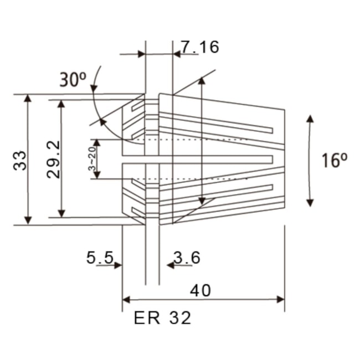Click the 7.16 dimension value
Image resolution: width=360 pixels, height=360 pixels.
coord(200,47)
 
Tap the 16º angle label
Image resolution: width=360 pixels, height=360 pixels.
coord(334,160)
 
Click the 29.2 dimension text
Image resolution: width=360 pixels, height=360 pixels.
coord(53,159)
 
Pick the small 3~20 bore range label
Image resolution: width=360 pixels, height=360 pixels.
coord(92,160)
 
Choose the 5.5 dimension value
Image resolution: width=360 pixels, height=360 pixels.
coord(100,258)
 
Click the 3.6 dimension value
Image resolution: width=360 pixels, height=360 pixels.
coord(187,258)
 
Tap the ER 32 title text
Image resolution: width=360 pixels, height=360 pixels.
coord(162,318)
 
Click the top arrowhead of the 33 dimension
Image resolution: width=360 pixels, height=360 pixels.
coord(28,98)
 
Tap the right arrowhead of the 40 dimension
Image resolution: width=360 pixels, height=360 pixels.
coord(280,300)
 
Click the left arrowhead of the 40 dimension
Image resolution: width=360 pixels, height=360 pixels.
coord(126,300)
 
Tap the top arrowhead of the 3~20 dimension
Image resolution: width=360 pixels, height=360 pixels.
coord(97,142)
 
